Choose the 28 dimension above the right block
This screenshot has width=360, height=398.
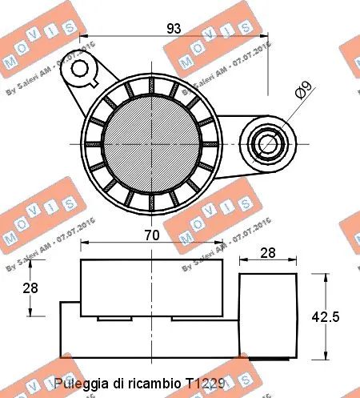pyautogui.click(x=268, y=253)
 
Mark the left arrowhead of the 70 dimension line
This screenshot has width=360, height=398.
pyautogui.click(x=83, y=244)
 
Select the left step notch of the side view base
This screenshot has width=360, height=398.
pyautogui.click(x=70, y=309)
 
